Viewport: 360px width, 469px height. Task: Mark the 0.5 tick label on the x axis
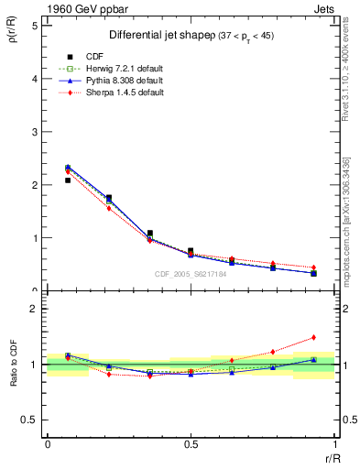click(x=191, y=443)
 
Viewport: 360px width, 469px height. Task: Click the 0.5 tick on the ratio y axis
click(x=29, y=420)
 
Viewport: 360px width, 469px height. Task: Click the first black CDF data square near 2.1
click(x=68, y=180)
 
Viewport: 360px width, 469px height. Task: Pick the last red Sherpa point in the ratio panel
click(x=313, y=337)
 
